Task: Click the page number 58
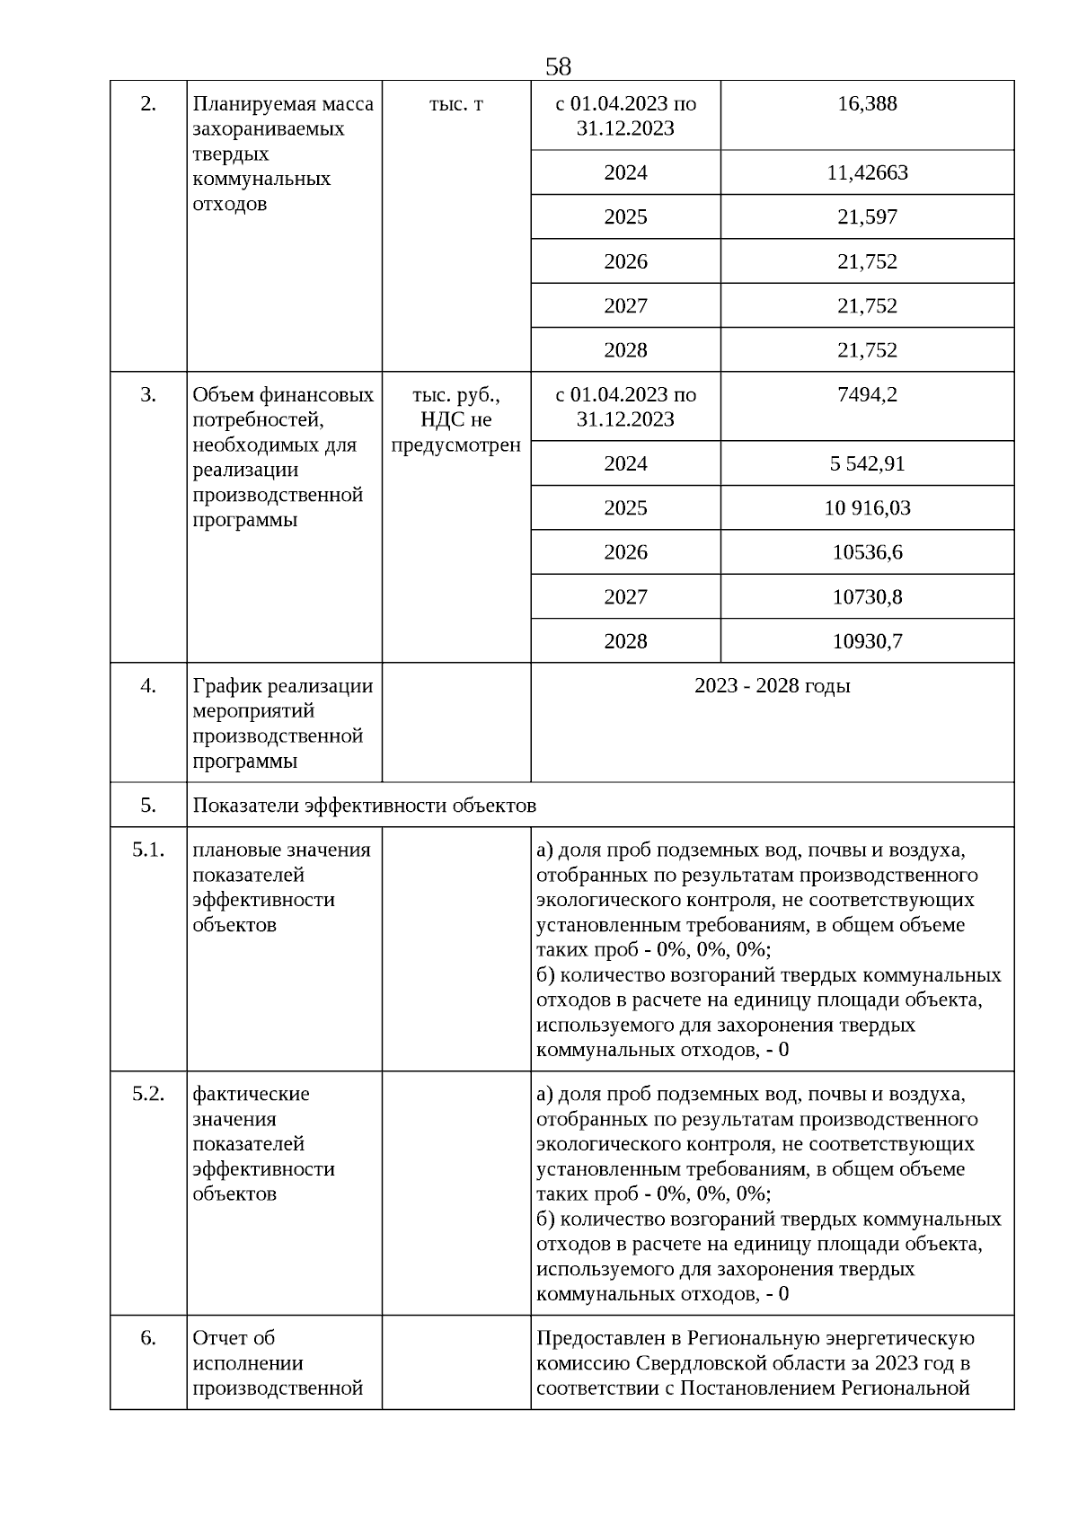(558, 66)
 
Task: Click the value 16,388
(867, 104)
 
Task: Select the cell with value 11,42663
(867, 172)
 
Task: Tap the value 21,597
(867, 217)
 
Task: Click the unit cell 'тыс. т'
(455, 104)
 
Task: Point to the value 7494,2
(867, 395)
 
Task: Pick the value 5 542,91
(867, 464)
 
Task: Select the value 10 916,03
(867, 508)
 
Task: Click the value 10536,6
(867, 552)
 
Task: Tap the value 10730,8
(867, 597)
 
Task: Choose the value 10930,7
(867, 641)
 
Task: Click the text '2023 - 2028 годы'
(772, 686)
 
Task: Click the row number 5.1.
(148, 850)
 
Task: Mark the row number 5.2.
(148, 1094)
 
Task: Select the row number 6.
(148, 1338)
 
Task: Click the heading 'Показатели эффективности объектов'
(364, 806)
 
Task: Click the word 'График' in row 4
(223, 686)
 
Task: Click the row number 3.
(148, 395)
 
